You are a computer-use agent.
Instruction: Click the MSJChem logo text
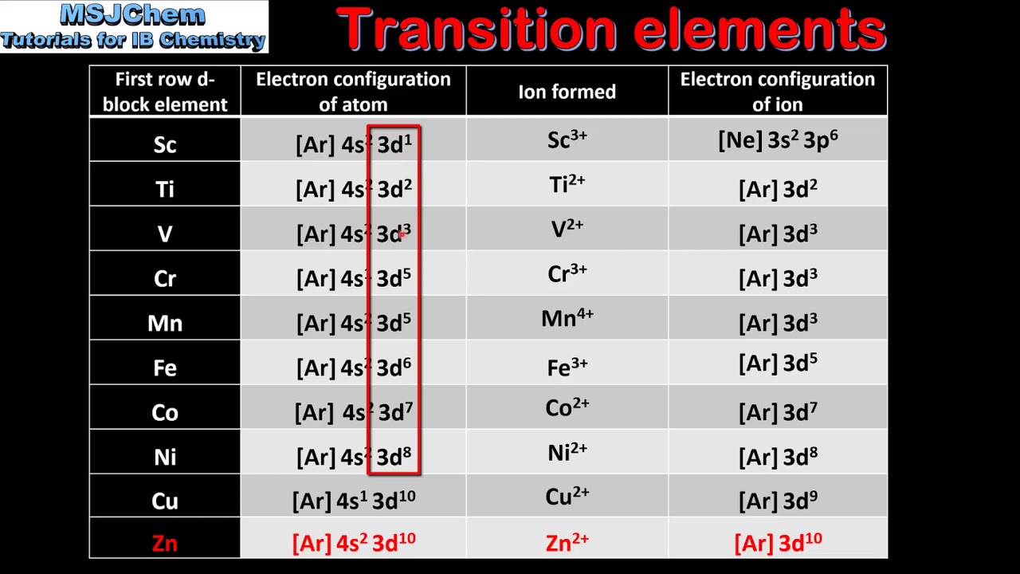click(x=132, y=15)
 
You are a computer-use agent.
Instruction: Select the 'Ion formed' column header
click(x=567, y=92)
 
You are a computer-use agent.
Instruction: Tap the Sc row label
click(x=165, y=144)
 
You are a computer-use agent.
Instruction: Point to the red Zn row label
click(x=165, y=543)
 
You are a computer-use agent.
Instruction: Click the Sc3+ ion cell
click(x=567, y=140)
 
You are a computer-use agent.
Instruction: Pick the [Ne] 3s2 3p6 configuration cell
click(x=778, y=140)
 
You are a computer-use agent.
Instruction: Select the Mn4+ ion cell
click(x=567, y=319)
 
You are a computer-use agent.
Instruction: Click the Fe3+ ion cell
click(x=567, y=367)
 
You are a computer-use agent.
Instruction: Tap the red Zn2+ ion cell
click(x=567, y=543)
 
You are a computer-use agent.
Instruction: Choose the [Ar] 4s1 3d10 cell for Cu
click(x=353, y=500)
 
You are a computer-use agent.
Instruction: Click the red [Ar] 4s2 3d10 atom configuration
click(x=353, y=543)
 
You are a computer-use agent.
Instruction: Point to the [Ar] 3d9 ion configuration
click(x=778, y=500)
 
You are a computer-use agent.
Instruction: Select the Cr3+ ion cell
click(x=567, y=274)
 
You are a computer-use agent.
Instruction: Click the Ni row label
click(x=165, y=457)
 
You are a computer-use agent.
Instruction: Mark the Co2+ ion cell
click(x=567, y=408)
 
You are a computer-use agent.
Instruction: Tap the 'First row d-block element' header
click(x=165, y=92)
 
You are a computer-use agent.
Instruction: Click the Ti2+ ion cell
click(x=567, y=185)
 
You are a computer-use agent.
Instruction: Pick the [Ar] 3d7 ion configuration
click(x=778, y=412)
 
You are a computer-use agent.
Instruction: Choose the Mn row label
click(x=165, y=323)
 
